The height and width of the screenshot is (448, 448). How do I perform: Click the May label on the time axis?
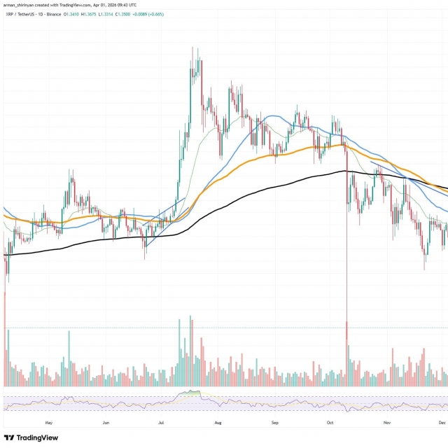pos(48,423)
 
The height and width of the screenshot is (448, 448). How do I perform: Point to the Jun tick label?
pos(105,423)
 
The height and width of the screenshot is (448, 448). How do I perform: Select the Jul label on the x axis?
pos(161,423)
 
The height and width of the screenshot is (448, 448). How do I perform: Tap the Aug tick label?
pos(218,423)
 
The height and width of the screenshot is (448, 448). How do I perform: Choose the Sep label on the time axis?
pos(274,423)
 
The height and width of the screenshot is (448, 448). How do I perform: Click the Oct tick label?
pos(330,423)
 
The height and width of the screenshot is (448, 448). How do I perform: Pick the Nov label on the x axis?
pos(386,423)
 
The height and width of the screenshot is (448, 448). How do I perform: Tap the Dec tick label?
pos(442,423)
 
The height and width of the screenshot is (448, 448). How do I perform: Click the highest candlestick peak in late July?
pos(192,49)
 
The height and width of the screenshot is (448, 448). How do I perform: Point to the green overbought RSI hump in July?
pos(191,395)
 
